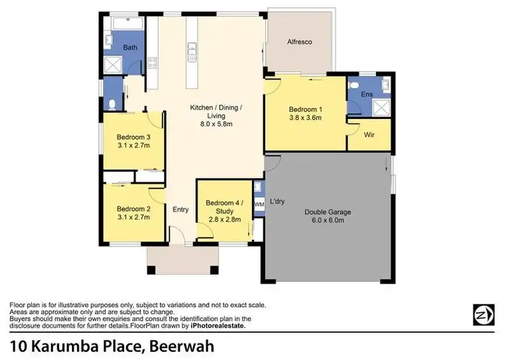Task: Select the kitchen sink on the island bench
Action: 193,49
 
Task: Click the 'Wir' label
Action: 369,135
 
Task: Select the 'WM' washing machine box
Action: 259,204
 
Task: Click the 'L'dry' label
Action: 277,202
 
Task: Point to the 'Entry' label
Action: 181,209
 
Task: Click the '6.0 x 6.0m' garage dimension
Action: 327,221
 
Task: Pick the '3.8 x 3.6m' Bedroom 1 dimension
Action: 305,118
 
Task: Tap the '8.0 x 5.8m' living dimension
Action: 216,124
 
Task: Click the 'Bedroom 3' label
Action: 133,137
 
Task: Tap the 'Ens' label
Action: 366,94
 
